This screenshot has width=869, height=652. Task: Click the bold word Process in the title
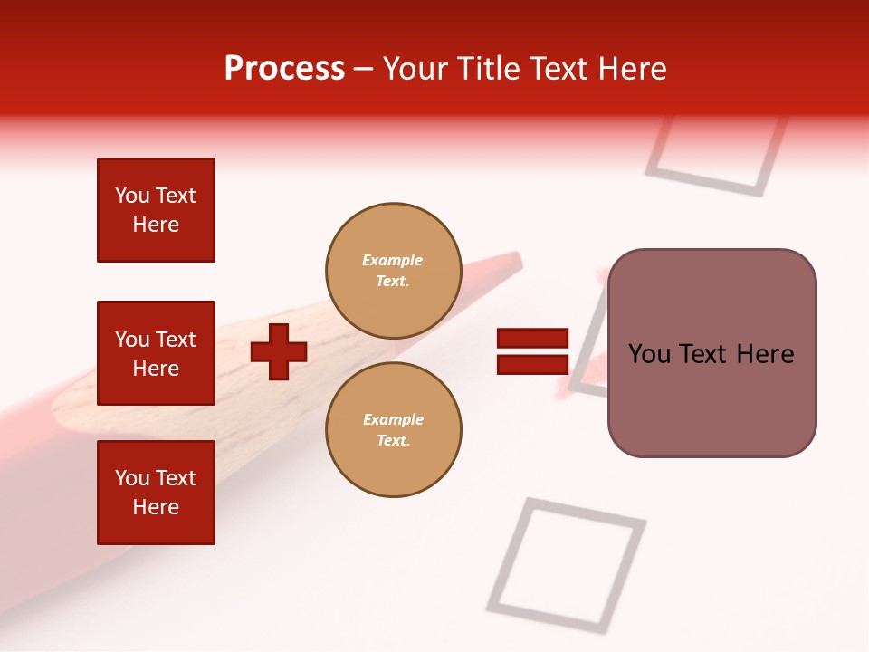pyautogui.click(x=284, y=69)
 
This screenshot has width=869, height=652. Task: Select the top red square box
pyautogui.click(x=156, y=210)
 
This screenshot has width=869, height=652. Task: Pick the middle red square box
pyautogui.click(x=156, y=353)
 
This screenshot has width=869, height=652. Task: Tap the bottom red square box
pyautogui.click(x=156, y=493)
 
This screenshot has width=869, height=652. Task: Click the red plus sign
pyautogui.click(x=279, y=351)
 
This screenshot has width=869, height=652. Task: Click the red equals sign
pyautogui.click(x=532, y=351)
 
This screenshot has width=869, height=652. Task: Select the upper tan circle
pyautogui.click(x=393, y=270)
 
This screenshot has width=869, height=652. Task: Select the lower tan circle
pyautogui.click(x=393, y=429)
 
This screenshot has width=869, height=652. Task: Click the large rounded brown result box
pyautogui.click(x=711, y=353)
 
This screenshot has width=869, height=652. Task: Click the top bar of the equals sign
pyautogui.click(x=532, y=339)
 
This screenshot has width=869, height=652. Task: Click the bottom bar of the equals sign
pyautogui.click(x=532, y=364)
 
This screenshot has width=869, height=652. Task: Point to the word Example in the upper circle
pyautogui.click(x=393, y=260)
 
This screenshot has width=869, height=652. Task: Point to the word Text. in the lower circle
pyautogui.click(x=393, y=440)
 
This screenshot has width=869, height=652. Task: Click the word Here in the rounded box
pyautogui.click(x=765, y=354)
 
